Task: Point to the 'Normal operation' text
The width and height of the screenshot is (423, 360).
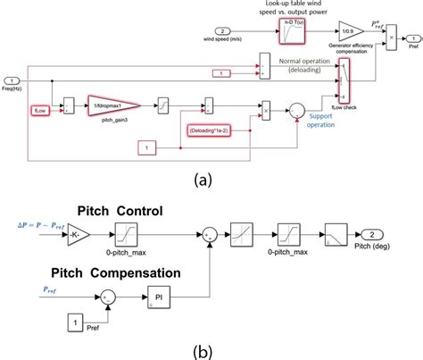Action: point(307,62)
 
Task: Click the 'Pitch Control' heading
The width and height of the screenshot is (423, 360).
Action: point(124,212)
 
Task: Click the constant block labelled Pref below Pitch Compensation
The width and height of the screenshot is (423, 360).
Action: point(79,322)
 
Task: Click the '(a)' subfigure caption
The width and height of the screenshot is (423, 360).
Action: point(211,180)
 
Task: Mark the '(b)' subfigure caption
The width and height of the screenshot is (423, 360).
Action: point(211,348)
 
